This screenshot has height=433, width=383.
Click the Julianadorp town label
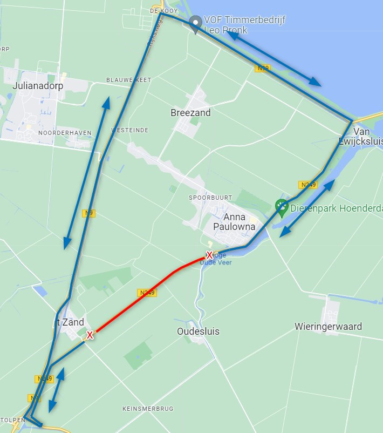coord(38,86)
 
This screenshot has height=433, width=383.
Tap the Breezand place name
coord(190,113)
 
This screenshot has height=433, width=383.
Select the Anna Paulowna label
coord(234,222)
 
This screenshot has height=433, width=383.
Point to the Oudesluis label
coord(198,331)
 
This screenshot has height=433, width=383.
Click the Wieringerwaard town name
coord(328,326)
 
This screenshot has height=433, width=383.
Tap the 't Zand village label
coord(71,322)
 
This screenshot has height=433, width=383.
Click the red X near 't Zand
coord(90,335)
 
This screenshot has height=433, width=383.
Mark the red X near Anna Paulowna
coord(210,255)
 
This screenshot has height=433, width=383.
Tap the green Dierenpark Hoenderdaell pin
coord(281,206)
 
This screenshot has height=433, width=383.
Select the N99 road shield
coord(263,68)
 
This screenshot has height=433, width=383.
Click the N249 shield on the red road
coord(146,293)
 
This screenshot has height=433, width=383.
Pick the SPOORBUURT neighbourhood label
coord(206,198)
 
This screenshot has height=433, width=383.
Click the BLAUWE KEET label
coord(129,80)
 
